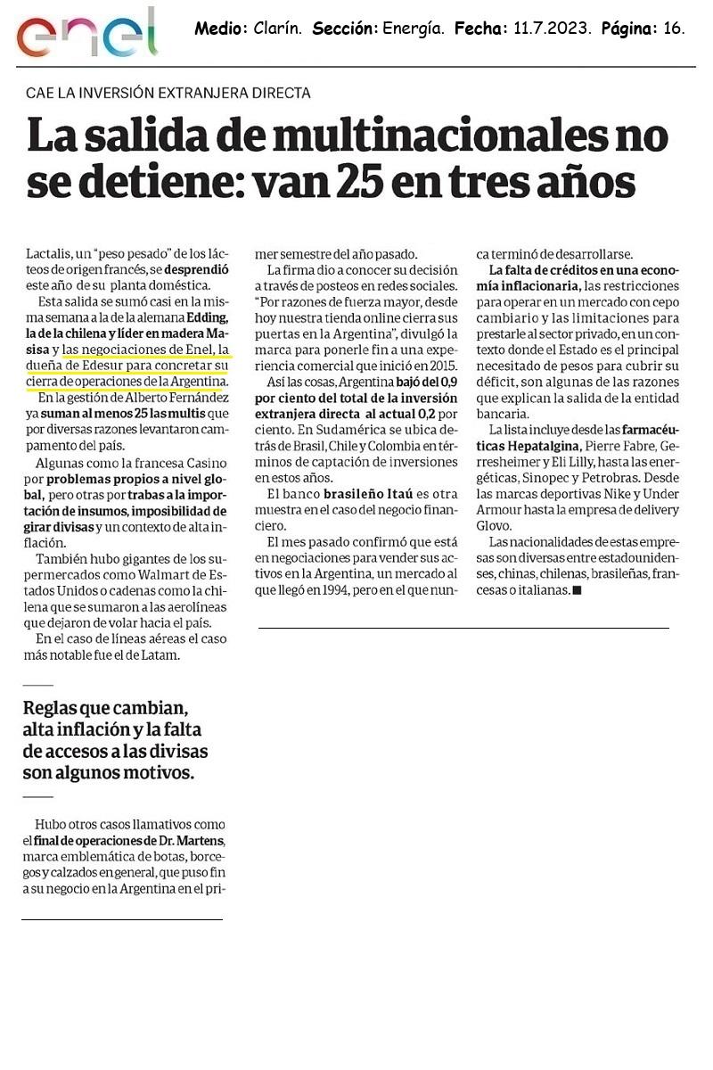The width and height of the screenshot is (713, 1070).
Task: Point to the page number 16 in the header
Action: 675,29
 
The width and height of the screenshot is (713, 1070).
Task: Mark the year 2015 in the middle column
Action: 438,366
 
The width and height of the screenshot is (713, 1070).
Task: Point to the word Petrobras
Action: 615,477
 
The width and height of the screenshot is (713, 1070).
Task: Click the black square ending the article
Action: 576,590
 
